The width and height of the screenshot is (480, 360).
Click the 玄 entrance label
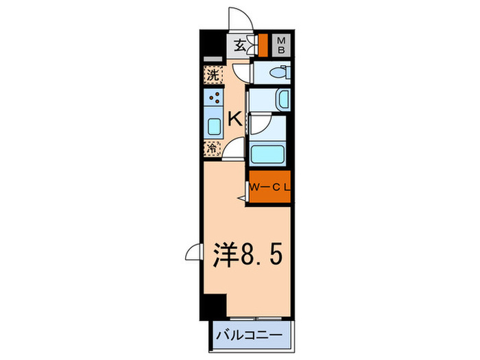click(240, 47)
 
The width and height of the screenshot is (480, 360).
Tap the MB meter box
click(282, 47)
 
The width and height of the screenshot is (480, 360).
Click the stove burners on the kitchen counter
click(214, 99)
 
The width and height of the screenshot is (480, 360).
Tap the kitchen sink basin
click(213, 125)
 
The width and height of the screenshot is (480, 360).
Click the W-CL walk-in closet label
click(269, 187)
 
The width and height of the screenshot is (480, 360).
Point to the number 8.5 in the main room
click(259, 256)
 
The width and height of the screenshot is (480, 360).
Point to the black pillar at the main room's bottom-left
click(217, 306)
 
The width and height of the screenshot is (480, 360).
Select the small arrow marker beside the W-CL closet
click(241, 198)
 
